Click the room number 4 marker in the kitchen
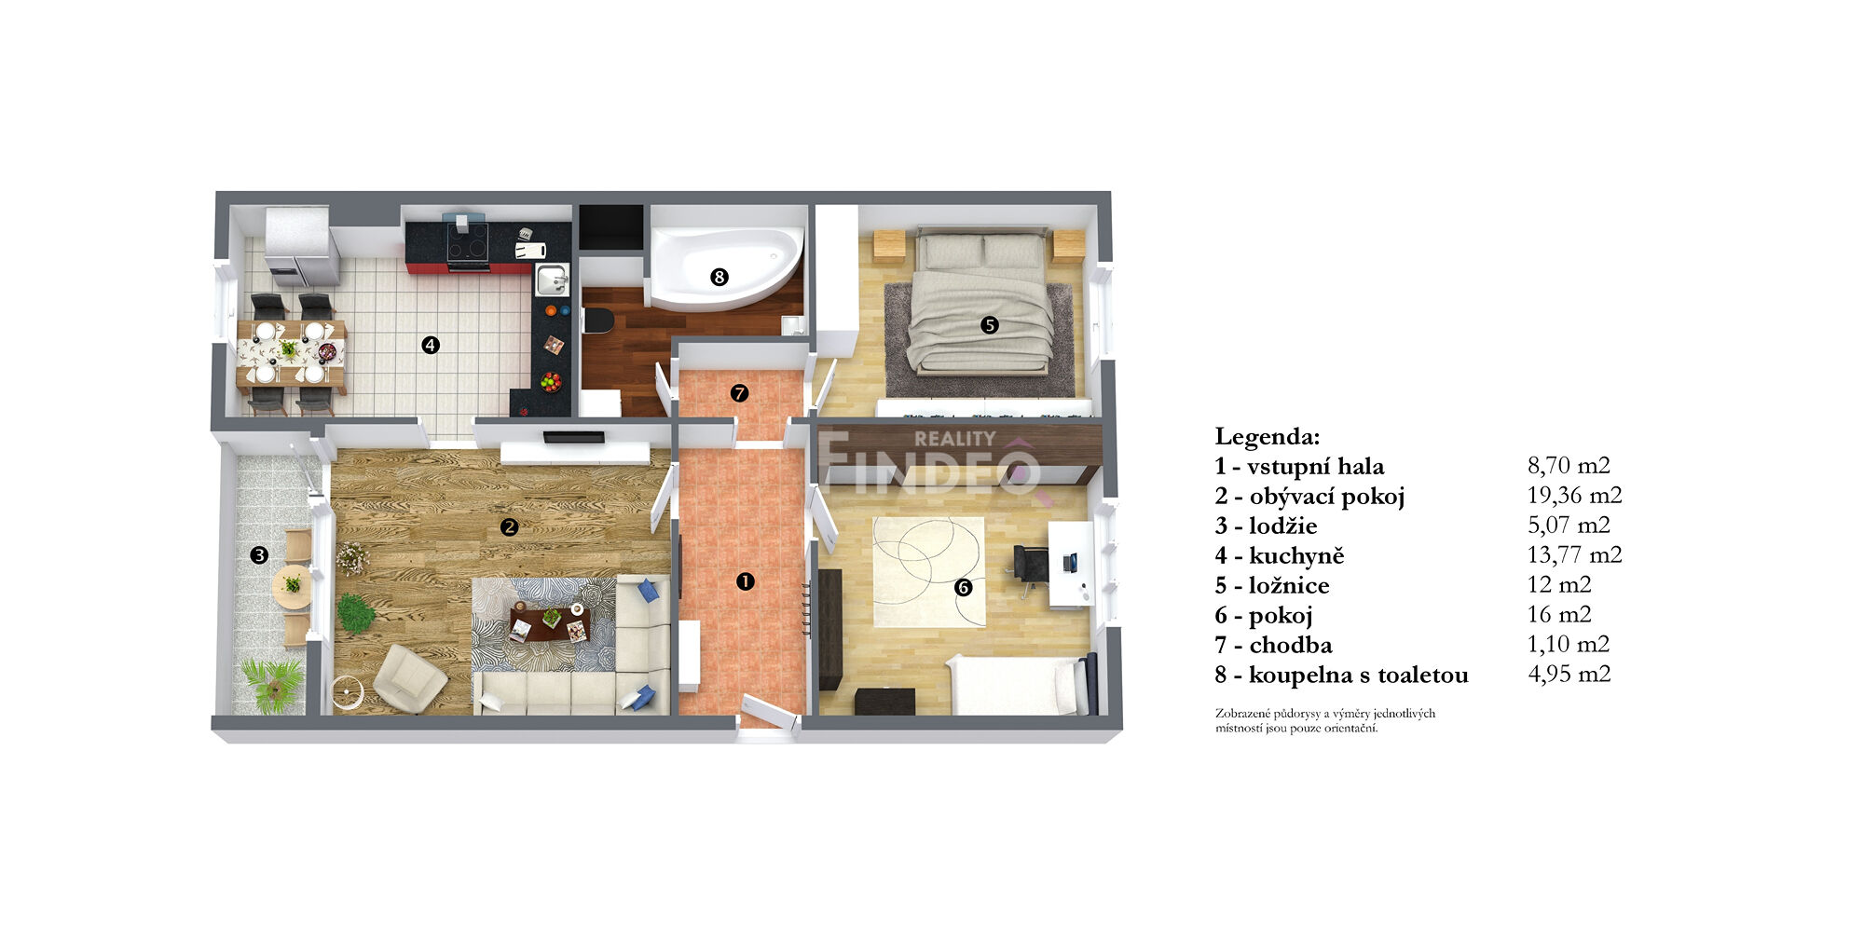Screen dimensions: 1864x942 point(430,345)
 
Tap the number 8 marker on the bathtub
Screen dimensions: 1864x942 point(719,277)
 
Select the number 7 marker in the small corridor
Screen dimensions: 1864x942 point(739,393)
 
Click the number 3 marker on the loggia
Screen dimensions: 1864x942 point(259,555)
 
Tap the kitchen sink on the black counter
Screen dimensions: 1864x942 point(552,279)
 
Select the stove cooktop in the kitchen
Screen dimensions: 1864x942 point(467,240)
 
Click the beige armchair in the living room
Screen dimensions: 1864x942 point(409,678)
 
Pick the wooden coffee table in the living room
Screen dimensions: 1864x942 point(550,623)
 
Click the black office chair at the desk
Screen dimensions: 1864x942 point(1031,565)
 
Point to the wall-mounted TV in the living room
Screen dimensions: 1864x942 point(574,437)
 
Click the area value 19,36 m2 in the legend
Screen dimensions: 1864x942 point(1574,495)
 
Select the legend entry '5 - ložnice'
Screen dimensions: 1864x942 point(1272,585)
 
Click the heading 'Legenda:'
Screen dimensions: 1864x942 point(1268,436)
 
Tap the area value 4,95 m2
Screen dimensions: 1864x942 point(1569,674)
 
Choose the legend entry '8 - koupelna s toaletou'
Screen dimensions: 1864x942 point(1341,675)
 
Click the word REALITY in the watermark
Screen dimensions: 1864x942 point(954,438)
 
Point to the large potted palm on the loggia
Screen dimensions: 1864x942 point(273,686)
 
